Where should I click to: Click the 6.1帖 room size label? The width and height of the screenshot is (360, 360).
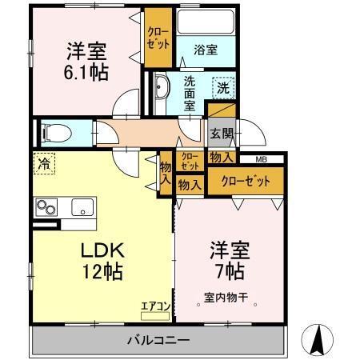click(88, 70)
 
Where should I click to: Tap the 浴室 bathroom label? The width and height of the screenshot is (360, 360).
click(206, 49)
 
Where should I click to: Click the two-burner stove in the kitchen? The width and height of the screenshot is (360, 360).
click(46, 207)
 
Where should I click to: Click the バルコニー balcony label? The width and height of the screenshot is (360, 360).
click(158, 341)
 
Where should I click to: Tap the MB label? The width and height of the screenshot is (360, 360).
click(262, 160)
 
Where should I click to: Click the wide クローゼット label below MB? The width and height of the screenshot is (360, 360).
click(246, 180)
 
